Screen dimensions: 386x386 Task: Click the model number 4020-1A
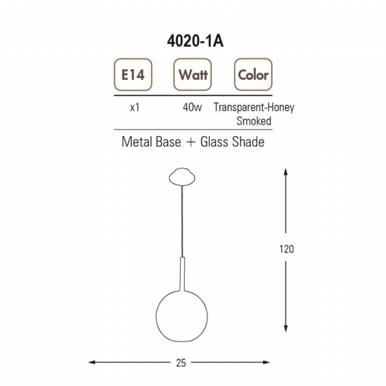pos(195,41)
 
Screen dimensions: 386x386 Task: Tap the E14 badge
pos(133,74)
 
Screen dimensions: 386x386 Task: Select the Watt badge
pos(193,74)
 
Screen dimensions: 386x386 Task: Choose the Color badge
pos(253,74)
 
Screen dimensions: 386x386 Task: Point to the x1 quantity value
pos(135,107)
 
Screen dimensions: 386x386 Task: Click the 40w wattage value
pos(192,107)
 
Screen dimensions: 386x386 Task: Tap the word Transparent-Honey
pos(254,108)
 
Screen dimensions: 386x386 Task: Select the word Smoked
pos(254,121)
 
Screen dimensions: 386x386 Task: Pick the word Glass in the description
pos(214,142)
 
